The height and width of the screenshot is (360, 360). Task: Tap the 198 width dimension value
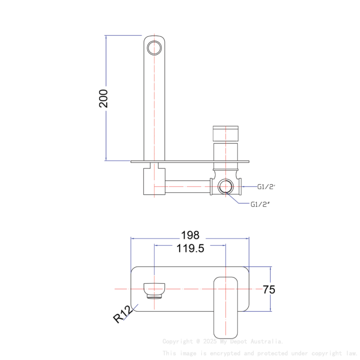click(x=190, y=235)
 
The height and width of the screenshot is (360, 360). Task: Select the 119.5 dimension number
click(x=190, y=248)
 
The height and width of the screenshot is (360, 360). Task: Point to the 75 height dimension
click(x=269, y=290)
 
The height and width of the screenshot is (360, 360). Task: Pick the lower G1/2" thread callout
click(x=260, y=204)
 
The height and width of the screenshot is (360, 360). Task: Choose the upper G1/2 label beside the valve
click(x=266, y=186)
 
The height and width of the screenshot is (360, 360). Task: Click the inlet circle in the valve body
click(x=225, y=186)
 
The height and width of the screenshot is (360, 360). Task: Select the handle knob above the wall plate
click(x=225, y=133)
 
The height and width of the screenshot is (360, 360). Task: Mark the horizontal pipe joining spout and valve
click(x=188, y=186)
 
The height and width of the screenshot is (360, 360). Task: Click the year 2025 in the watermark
click(x=210, y=341)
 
